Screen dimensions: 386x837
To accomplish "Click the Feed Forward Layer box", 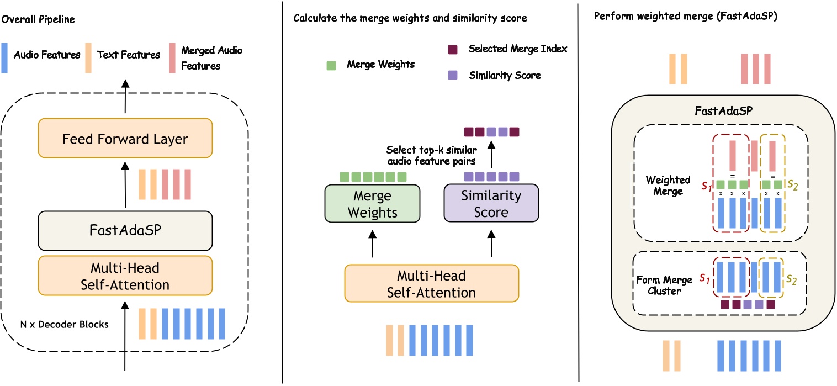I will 125,138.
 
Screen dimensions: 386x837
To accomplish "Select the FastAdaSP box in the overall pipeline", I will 125,230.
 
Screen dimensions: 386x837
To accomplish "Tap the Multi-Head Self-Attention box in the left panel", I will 125,276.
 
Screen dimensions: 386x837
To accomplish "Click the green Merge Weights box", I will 372,204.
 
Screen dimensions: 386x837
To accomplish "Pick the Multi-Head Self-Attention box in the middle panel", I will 432,283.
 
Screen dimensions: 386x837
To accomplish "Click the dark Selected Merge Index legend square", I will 452,49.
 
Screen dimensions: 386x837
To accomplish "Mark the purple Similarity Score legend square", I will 452,75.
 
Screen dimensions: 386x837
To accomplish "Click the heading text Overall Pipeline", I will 38,19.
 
